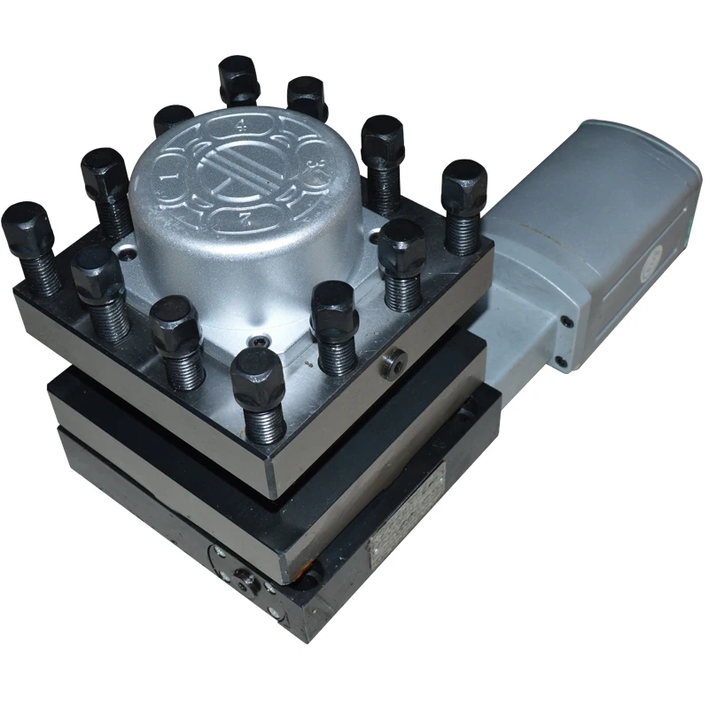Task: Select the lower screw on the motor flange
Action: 561,361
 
